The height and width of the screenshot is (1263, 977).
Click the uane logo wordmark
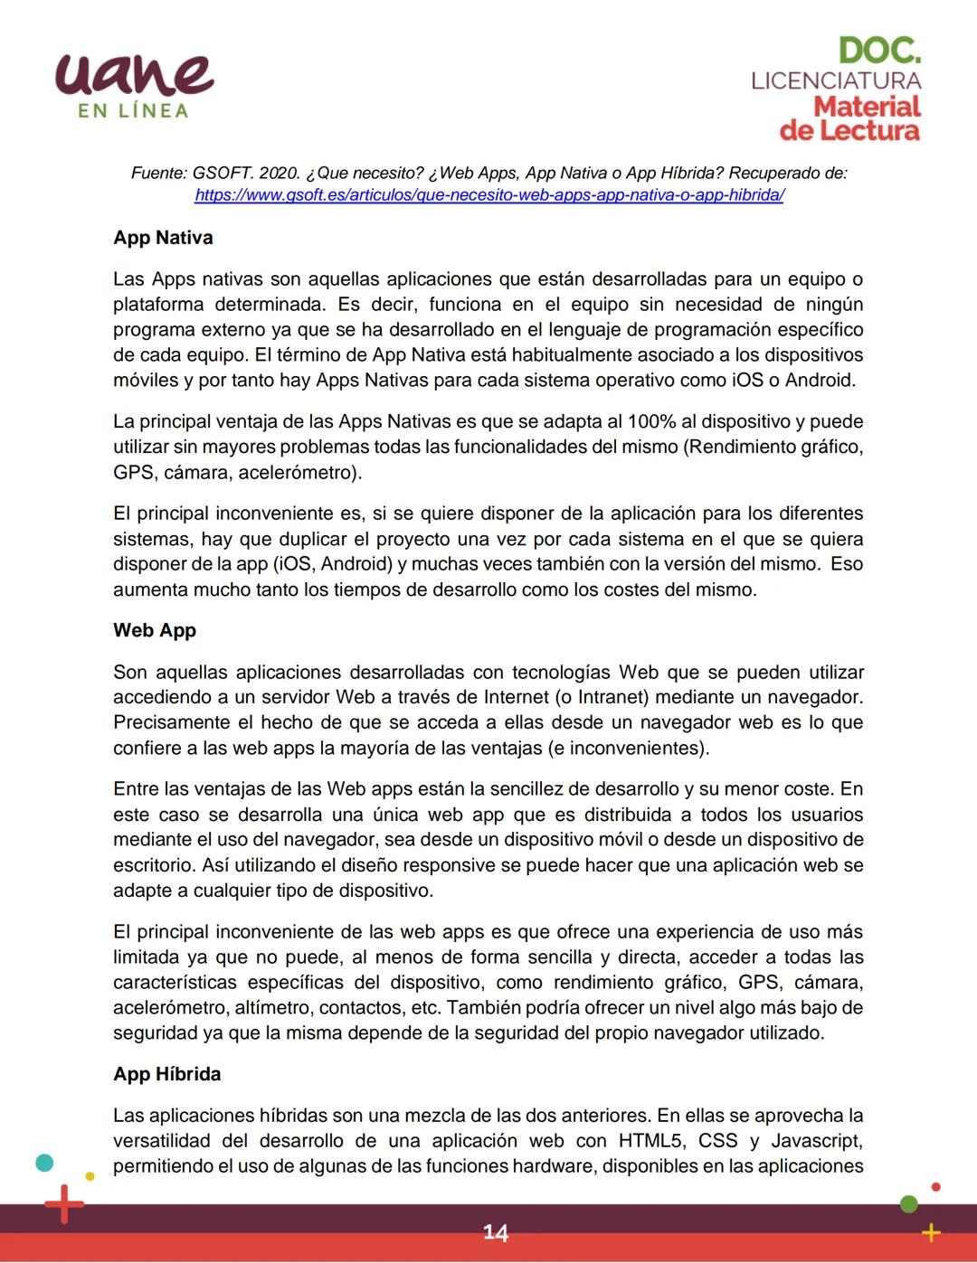(x=134, y=74)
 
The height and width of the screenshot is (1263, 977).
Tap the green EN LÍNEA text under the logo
(x=133, y=111)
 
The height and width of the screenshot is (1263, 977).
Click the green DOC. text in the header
(x=879, y=51)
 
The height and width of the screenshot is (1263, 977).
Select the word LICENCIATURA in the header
(x=836, y=80)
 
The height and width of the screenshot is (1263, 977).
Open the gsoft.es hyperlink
(x=489, y=194)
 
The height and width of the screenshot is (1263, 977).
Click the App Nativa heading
(x=163, y=238)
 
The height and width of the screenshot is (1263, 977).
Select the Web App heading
(x=155, y=630)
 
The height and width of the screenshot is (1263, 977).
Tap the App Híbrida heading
(x=167, y=1074)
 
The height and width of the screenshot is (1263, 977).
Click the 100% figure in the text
(x=651, y=421)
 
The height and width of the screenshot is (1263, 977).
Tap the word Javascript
(x=817, y=1141)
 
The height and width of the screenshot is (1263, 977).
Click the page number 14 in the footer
(x=495, y=1233)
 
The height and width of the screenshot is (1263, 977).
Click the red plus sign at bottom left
(x=64, y=1204)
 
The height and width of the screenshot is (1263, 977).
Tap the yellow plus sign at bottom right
(x=931, y=1232)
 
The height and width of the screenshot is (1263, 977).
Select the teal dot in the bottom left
(x=44, y=1163)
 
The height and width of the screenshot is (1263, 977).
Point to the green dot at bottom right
(x=909, y=1203)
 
